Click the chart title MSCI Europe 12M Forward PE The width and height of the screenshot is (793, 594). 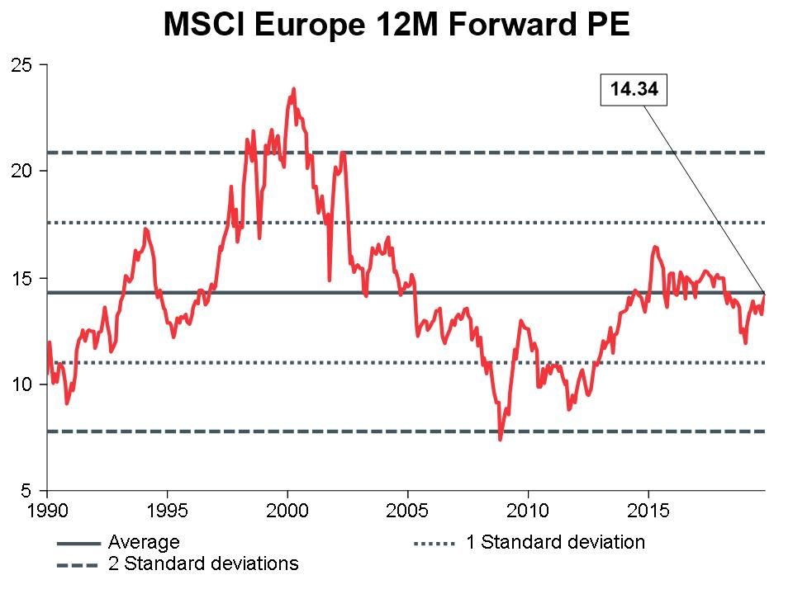tap(396, 24)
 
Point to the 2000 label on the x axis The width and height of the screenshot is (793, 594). tap(287, 510)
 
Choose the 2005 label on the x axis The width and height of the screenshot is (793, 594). tap(408, 510)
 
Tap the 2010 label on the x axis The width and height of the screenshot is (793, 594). tap(529, 510)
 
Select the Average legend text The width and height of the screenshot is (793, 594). tap(144, 543)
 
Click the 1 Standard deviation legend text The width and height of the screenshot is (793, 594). tap(554, 543)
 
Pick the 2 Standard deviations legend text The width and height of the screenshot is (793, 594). tap(203, 564)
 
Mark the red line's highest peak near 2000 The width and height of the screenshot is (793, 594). tap(293, 89)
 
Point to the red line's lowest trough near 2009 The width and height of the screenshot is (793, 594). tap(501, 439)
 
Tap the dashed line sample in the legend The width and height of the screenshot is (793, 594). tap(78, 565)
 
